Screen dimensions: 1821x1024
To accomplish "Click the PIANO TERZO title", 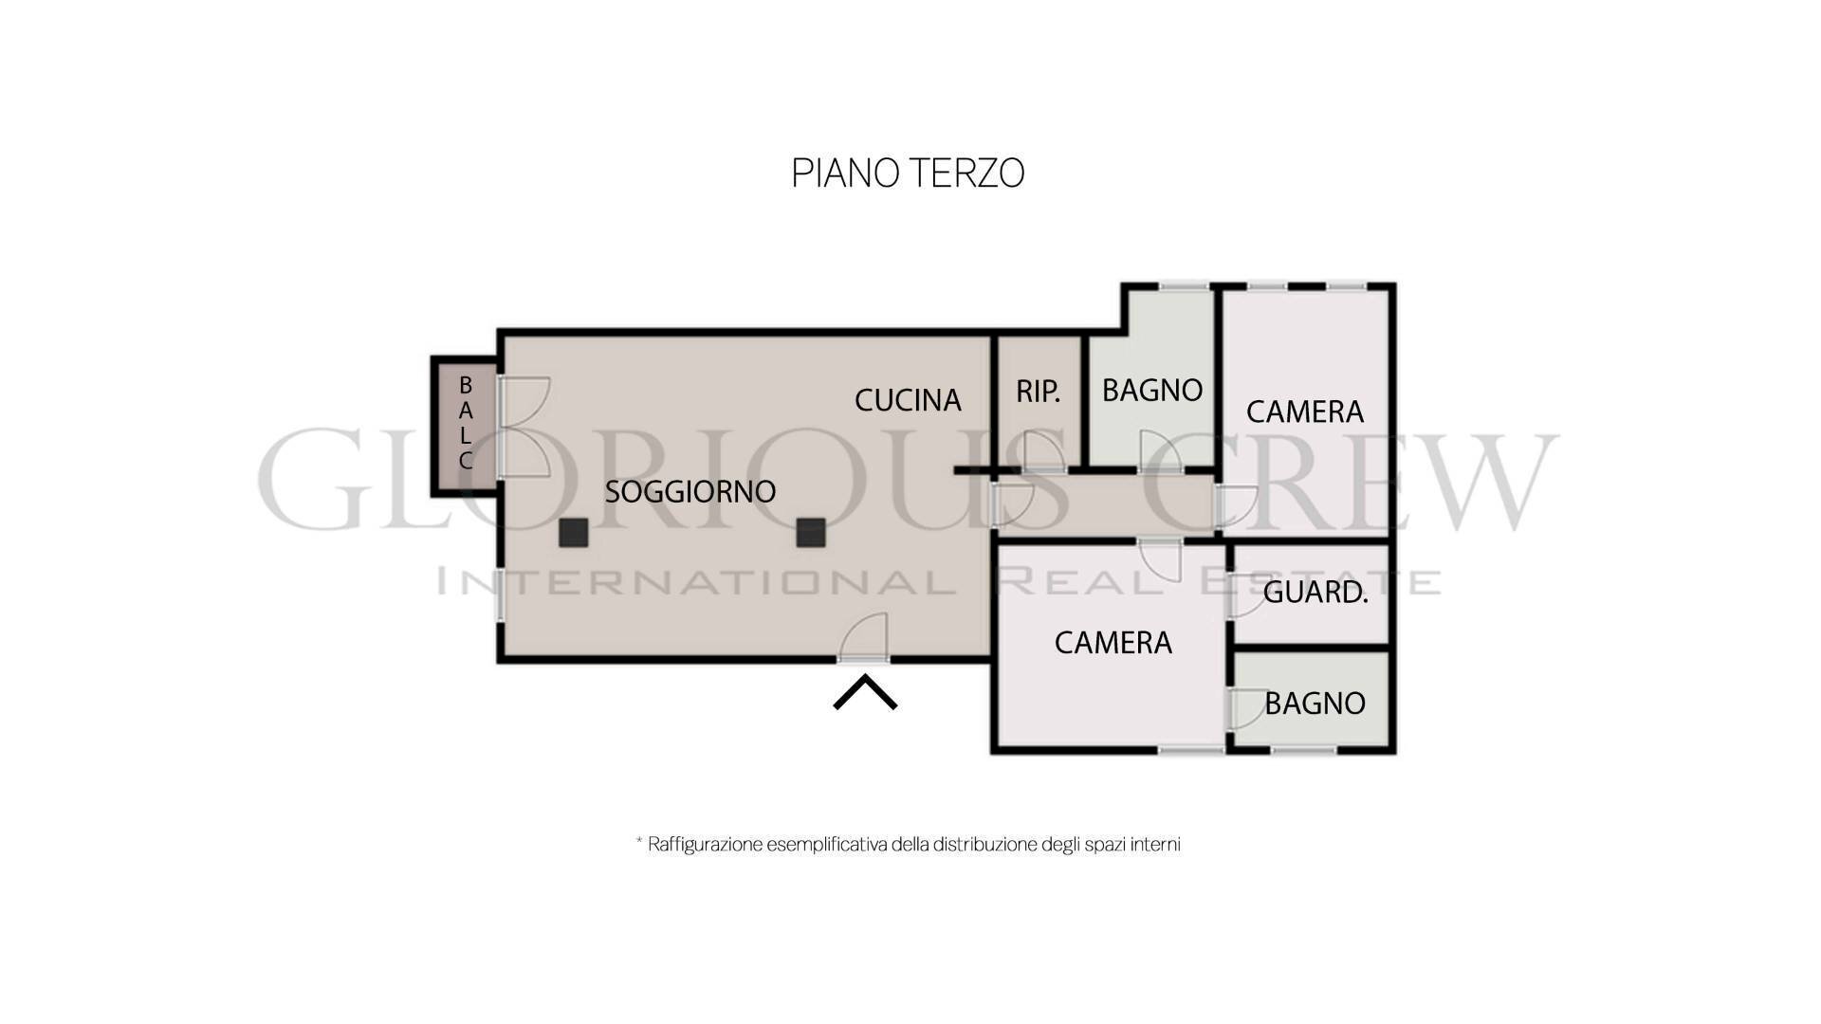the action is click(908, 174).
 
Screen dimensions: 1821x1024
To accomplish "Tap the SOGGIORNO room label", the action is click(690, 492).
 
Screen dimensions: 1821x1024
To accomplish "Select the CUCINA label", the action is click(908, 401).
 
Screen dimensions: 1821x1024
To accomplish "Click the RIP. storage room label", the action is click(1038, 392).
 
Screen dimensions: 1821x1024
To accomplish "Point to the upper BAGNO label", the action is click(1152, 390).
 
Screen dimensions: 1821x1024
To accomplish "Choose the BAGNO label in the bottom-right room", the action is click(1315, 704).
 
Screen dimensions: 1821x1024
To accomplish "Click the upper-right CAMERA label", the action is click(1304, 411).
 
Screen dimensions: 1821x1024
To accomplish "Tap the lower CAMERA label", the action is click(1113, 643).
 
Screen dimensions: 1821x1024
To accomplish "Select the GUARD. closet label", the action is click(1315, 593).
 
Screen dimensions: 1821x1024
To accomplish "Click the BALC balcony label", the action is click(466, 424).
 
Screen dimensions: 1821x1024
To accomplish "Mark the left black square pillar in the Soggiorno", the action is click(573, 533).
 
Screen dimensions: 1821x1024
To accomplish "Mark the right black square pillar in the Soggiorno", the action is click(810, 533).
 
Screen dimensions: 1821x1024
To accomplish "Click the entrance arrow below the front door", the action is click(865, 691).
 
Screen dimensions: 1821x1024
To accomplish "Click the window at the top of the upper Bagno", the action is click(1184, 285).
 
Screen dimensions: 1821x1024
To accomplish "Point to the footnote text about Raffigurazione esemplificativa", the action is click(908, 844).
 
